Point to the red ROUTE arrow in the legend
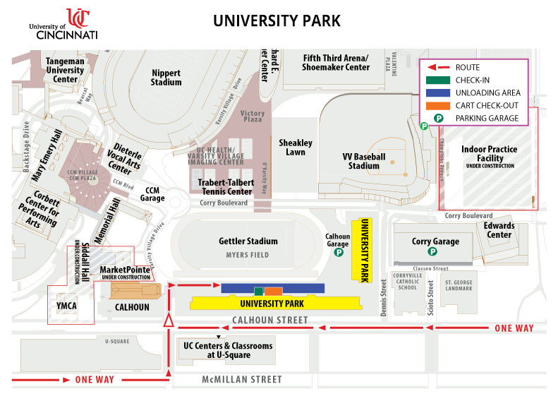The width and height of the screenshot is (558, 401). (438, 67)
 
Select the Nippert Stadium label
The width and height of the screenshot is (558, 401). (166, 77)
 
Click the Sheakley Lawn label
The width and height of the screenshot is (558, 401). (296, 147)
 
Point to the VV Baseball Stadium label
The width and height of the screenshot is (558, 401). (364, 161)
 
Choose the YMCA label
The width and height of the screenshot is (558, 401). (66, 306)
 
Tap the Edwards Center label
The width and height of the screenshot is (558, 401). (499, 230)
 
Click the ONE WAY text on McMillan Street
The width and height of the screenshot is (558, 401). (95, 380)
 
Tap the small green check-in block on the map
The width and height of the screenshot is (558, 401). (259, 291)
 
